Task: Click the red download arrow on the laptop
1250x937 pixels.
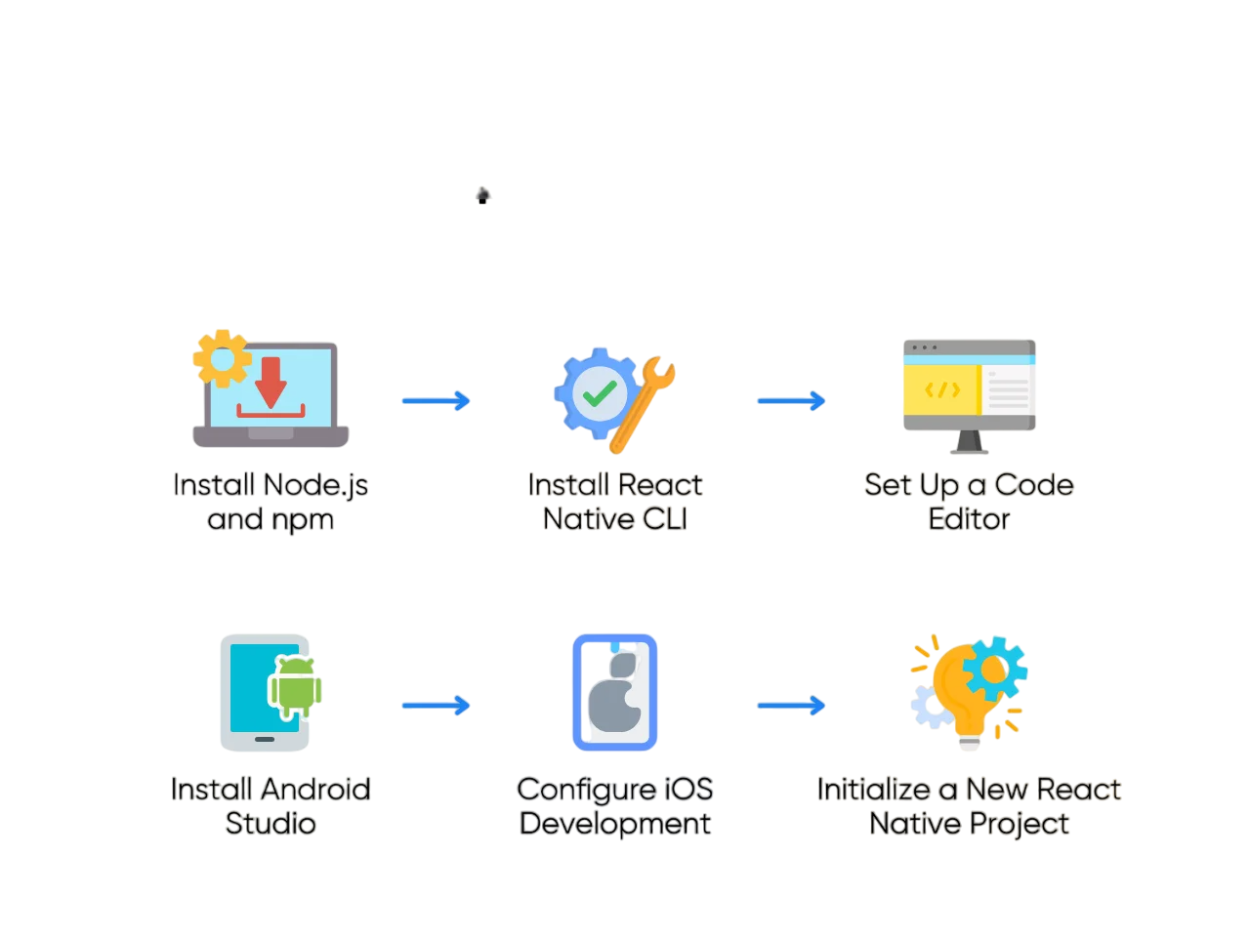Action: [271, 382]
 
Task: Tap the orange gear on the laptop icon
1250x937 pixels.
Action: [222, 359]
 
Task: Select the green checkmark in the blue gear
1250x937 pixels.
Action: [599, 393]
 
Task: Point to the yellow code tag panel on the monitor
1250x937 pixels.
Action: [941, 389]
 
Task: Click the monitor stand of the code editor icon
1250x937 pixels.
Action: [969, 443]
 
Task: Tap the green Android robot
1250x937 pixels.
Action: [295, 687]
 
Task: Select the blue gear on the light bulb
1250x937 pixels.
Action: [994, 670]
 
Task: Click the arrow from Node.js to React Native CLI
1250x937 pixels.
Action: [436, 401]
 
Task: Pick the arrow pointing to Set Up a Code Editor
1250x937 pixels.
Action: [791, 401]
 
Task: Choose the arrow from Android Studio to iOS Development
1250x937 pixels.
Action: [436, 706]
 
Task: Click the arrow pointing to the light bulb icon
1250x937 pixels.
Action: [791, 706]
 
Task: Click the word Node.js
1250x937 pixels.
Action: [315, 485]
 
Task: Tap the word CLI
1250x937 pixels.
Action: [664, 519]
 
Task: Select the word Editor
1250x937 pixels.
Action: [969, 519]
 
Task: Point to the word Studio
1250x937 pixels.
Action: [271, 824]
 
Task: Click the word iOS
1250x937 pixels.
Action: [688, 789]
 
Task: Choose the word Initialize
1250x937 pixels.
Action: [873, 789]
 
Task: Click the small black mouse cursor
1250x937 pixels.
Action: [482, 196]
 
